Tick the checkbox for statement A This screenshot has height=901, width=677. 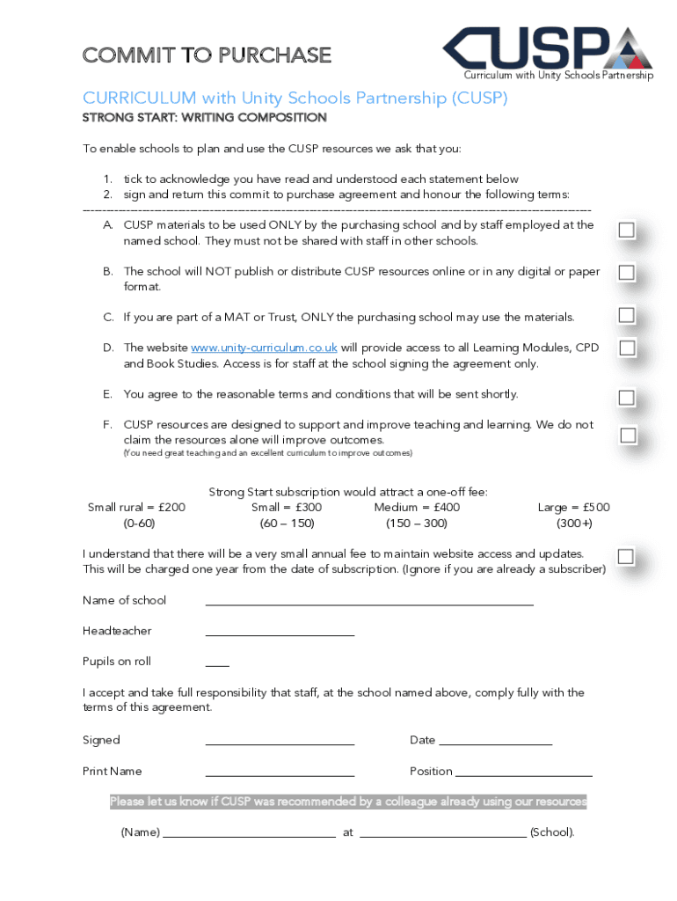tap(626, 231)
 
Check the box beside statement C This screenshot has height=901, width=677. tap(626, 315)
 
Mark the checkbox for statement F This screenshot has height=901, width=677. tap(628, 435)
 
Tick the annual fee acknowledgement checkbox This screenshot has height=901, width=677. tap(626, 556)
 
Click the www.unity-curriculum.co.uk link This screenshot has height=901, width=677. tap(264, 348)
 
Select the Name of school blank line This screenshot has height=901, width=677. tap(369, 603)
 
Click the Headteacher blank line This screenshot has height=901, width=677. tap(280, 633)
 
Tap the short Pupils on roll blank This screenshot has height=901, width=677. tap(217, 663)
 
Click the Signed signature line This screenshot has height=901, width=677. tap(280, 743)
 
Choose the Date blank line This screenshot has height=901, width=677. tap(495, 743)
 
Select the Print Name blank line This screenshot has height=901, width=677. tap(280, 773)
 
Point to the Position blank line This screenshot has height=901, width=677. tap(524, 773)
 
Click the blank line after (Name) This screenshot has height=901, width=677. tap(250, 834)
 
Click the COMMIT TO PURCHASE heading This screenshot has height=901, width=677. tap(207, 55)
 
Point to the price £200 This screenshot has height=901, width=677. tap(172, 508)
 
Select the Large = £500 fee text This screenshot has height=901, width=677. tap(573, 508)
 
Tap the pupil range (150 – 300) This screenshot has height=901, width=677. tap(416, 524)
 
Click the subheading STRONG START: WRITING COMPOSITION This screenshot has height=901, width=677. tap(205, 118)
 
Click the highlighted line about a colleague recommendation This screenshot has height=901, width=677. tap(348, 802)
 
